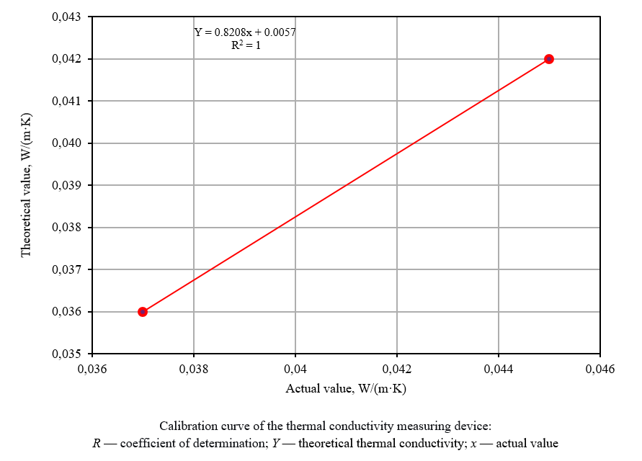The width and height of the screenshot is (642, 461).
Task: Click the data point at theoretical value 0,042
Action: point(548,59)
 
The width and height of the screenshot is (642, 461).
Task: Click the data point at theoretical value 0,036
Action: point(143,312)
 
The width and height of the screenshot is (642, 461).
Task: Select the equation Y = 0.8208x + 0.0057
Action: point(245,32)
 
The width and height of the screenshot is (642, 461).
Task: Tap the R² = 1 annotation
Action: point(245,45)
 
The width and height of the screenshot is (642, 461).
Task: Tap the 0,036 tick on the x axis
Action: point(92,370)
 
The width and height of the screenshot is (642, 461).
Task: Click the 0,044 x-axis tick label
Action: point(499,370)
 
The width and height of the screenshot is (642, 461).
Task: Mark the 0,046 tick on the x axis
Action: point(599,370)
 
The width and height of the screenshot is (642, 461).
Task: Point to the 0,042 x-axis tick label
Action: point(397,370)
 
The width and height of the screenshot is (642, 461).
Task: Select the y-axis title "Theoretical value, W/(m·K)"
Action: point(26,185)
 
